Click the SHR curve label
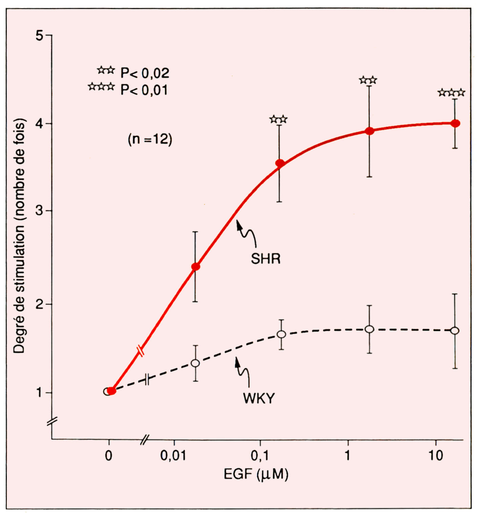click(x=265, y=259)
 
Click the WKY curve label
click(x=259, y=398)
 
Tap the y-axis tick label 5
click(x=40, y=35)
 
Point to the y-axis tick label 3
click(x=40, y=211)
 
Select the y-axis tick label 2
click(x=40, y=304)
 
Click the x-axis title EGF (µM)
click(x=256, y=474)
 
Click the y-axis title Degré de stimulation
click(x=20, y=236)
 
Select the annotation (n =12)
click(x=150, y=139)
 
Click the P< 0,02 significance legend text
click(x=145, y=73)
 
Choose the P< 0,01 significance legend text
click(x=144, y=90)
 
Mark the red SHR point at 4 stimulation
click(x=455, y=123)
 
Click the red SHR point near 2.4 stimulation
click(x=195, y=267)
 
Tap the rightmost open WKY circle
click(x=455, y=331)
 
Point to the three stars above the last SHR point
click(x=451, y=93)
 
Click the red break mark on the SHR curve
click(x=141, y=351)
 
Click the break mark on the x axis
click(x=145, y=440)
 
